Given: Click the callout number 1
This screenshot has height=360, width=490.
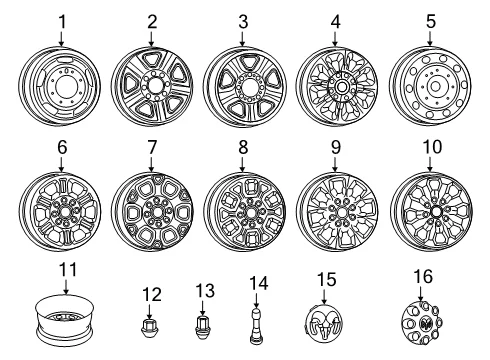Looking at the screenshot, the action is [62, 22].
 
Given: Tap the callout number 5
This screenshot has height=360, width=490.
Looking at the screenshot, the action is [431, 21].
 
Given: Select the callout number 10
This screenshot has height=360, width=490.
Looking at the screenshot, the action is [432, 147].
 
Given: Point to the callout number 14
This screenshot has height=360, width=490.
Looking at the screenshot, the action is [258, 283].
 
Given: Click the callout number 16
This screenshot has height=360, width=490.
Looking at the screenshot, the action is [423, 276].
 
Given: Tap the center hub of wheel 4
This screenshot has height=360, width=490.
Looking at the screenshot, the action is [341, 87].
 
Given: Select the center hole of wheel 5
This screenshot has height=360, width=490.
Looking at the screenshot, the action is [434, 87].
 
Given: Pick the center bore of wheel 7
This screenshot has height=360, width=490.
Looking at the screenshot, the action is [157, 212].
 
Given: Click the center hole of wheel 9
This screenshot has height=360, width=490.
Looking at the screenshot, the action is [341, 212].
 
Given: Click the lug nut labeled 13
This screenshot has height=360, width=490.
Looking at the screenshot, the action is [202, 328].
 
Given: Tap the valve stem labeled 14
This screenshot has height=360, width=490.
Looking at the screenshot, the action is [255, 326].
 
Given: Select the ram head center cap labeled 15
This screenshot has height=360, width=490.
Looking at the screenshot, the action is [324, 323].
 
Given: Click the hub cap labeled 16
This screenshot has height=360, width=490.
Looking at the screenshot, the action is [422, 322].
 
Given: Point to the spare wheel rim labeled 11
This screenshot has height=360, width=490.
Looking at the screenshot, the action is [65, 320].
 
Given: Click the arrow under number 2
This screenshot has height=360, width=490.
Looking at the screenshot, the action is [151, 39].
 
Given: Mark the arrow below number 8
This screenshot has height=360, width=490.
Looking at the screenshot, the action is [242, 164].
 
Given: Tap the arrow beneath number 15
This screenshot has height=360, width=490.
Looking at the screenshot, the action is [324, 296].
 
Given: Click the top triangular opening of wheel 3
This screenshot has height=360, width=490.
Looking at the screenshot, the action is [246, 62].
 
